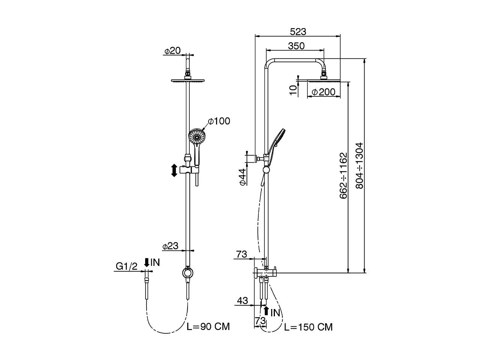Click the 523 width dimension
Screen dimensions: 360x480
(298, 31)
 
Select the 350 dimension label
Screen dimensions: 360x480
(296, 46)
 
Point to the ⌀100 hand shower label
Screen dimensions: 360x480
(219, 121)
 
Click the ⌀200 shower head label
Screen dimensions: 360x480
(323, 92)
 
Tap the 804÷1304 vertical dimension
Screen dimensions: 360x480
(359, 165)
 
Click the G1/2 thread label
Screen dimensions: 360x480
(126, 266)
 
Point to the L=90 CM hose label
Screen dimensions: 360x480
(208, 326)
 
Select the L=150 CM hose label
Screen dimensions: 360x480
(308, 327)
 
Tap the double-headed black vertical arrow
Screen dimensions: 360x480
(174, 171)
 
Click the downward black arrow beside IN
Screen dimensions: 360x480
(147, 262)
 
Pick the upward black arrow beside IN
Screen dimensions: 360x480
(266, 310)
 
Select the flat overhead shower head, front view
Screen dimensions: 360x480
(189, 80)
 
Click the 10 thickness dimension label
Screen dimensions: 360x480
(293, 89)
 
